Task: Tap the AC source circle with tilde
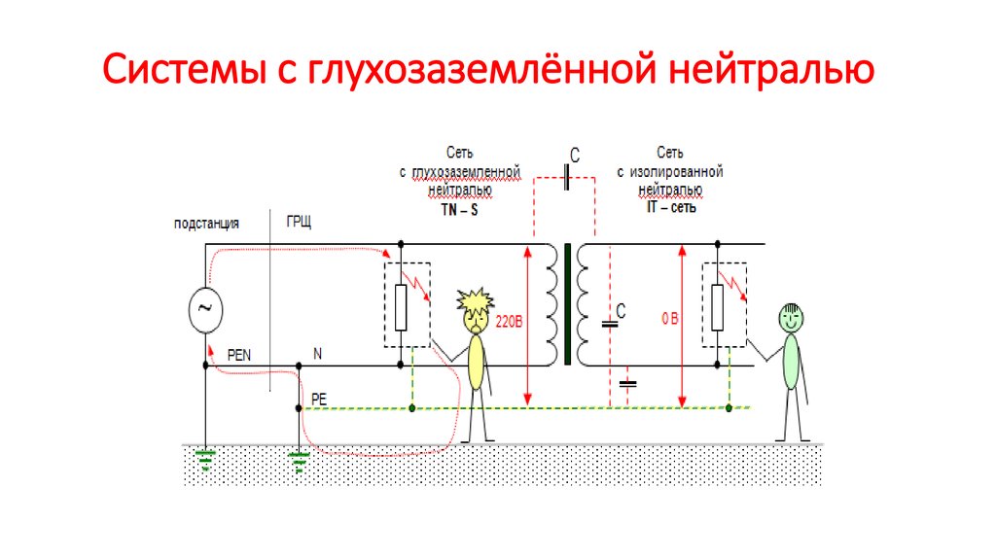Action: click(x=205, y=306)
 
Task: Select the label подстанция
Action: click(x=206, y=223)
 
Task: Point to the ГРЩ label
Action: click(x=299, y=223)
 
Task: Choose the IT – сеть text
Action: click(x=669, y=208)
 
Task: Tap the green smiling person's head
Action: click(x=791, y=316)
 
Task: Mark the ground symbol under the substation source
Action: click(x=205, y=458)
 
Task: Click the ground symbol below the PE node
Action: click(x=299, y=460)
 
